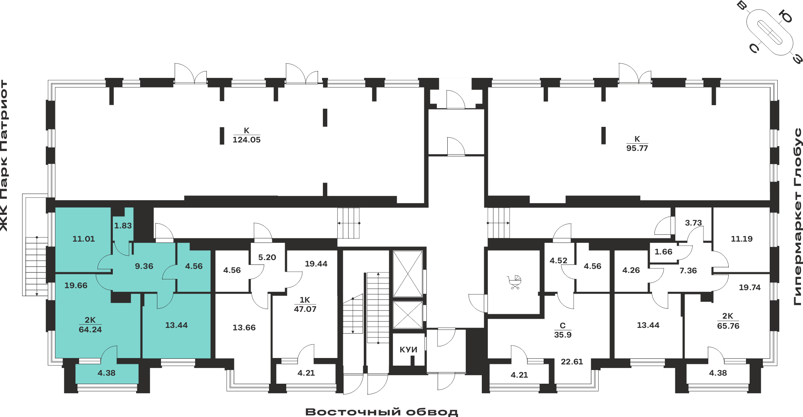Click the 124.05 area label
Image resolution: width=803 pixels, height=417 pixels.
247,140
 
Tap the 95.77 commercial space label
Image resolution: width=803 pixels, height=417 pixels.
637,148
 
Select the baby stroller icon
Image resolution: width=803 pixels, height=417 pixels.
514,282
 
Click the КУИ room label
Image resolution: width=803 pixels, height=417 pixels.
408,350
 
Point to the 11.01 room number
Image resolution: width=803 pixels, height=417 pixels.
84,239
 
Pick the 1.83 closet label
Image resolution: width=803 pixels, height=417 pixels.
123,226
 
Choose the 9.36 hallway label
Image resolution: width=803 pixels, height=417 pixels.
144,266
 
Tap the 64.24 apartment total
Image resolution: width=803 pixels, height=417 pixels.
90,330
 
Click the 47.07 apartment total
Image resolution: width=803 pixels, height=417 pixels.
305,309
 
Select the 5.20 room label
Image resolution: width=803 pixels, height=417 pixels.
267,257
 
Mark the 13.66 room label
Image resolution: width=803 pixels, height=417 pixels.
244,327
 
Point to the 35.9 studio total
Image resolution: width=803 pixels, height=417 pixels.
563,335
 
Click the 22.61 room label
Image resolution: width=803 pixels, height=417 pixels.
572,362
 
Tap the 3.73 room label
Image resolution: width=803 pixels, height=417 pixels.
693,223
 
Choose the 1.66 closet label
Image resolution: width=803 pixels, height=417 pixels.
663,252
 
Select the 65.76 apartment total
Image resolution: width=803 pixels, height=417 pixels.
728,326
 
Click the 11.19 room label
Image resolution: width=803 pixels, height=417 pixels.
742,239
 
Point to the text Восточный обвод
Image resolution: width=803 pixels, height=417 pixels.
382,412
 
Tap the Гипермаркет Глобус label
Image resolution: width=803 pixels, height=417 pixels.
798,217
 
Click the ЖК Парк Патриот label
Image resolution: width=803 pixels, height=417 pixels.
4,156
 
